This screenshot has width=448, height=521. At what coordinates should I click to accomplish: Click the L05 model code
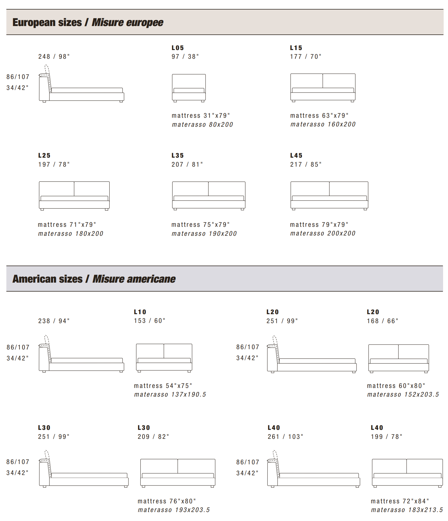[177, 48]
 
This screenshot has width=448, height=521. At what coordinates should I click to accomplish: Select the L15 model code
[296, 48]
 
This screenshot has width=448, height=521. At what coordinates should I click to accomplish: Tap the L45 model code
[296, 155]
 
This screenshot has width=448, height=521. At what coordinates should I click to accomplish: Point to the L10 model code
[140, 312]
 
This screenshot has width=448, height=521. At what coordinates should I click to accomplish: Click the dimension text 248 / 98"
[54, 56]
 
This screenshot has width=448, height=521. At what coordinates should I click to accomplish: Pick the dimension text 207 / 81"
[187, 164]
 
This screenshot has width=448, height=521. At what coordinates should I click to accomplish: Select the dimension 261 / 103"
[285, 437]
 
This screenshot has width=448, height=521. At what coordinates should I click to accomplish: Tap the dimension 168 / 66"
[383, 321]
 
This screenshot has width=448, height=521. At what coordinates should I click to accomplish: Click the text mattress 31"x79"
[201, 115]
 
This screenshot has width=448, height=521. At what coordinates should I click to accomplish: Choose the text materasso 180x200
[71, 233]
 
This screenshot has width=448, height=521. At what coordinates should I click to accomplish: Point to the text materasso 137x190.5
[170, 394]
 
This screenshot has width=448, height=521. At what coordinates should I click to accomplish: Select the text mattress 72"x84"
[400, 501]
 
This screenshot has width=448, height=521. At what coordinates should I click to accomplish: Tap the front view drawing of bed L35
[209, 196]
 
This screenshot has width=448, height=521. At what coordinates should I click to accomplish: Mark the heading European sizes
[47, 22]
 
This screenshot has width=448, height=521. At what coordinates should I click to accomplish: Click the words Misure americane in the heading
[134, 279]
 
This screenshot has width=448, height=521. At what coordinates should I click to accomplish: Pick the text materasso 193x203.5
[174, 510]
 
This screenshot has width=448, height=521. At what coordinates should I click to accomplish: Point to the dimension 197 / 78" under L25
[54, 164]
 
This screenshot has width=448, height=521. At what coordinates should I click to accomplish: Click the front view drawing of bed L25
[74, 196]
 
